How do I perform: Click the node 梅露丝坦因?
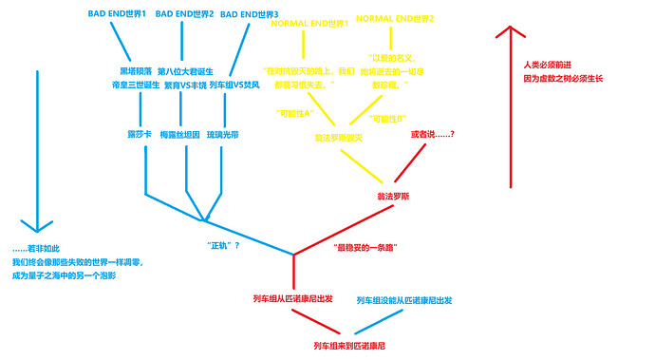180,134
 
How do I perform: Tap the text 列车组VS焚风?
235,84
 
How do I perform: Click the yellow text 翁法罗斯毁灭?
339,138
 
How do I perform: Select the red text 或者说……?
432,133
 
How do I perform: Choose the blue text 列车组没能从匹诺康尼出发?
404,300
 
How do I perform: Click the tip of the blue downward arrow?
36,231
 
